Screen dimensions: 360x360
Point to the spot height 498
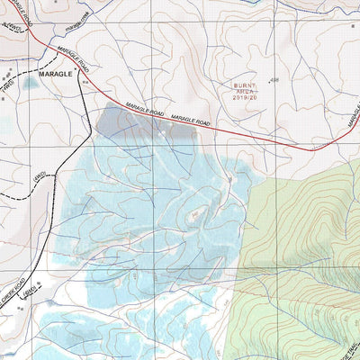[x=274, y=80]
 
